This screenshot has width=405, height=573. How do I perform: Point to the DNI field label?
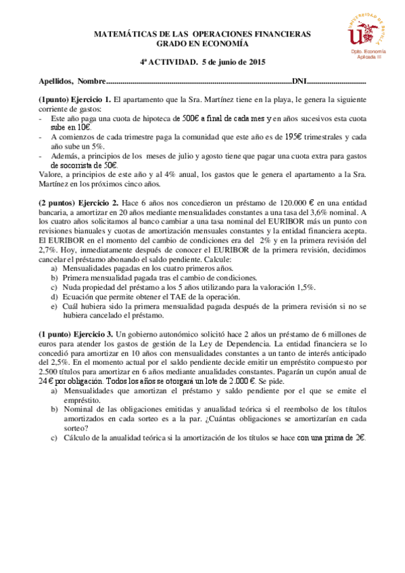299,81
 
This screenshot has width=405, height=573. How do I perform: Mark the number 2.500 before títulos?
48,372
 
